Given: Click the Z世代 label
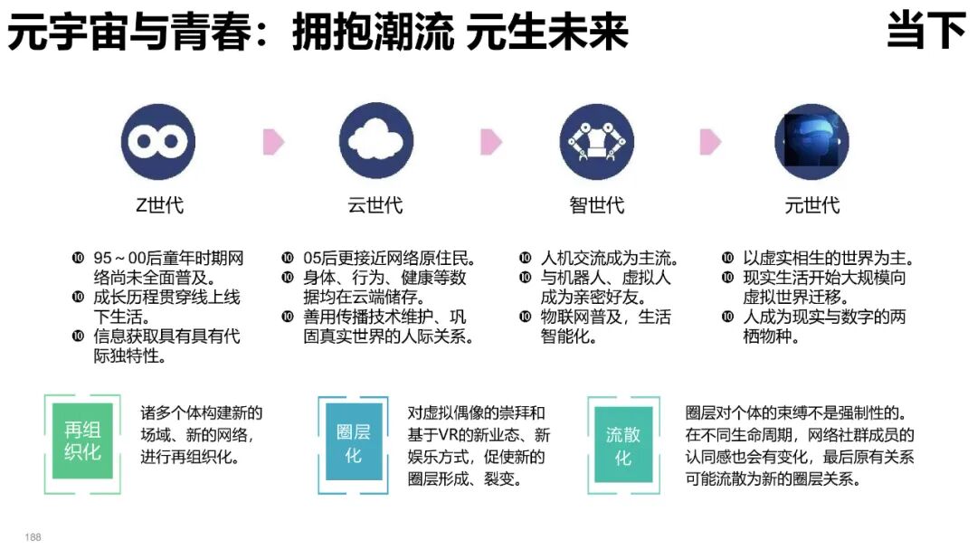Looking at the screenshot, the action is [159, 205].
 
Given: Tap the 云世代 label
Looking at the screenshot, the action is [375, 205].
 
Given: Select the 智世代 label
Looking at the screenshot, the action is [596, 205].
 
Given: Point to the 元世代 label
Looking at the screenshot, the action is [811, 205].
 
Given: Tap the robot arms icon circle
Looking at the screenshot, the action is [596, 141].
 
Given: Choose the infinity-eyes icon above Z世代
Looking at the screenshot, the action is [158, 141].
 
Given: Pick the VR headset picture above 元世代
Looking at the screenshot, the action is [811, 141].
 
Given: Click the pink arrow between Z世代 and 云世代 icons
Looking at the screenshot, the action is [273, 142].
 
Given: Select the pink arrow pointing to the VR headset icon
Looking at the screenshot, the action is [710, 142].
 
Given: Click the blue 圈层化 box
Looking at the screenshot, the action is [353, 444].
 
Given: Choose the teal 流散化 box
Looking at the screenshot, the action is [622, 444].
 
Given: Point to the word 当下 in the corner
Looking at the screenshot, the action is [925, 32].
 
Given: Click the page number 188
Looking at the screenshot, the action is [33, 537].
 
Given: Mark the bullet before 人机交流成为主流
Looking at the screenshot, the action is [525, 258].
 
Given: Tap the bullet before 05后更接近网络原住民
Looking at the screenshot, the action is [287, 258].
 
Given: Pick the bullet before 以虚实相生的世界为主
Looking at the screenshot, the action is [726, 258].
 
